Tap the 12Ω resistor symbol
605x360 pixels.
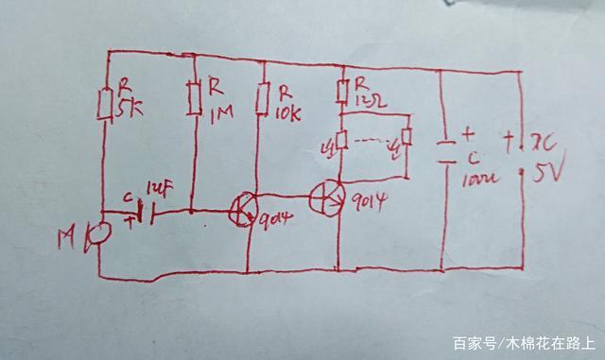point(342,92)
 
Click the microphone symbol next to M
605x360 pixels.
point(92,236)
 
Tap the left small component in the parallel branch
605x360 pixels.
point(342,142)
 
